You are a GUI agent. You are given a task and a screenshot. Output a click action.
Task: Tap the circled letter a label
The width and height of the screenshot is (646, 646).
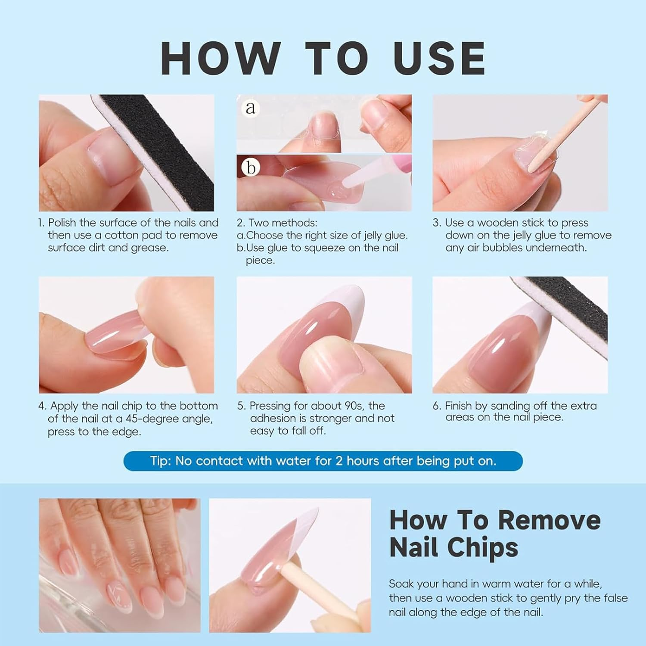point(250,107)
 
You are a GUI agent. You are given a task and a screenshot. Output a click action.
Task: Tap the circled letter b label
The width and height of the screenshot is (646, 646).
point(251,168)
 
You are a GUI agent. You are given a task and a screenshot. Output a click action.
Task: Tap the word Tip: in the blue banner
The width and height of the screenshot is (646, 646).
point(161,461)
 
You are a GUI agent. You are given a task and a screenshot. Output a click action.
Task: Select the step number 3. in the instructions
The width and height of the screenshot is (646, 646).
point(437,223)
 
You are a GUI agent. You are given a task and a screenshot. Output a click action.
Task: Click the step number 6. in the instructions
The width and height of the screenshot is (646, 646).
point(437,406)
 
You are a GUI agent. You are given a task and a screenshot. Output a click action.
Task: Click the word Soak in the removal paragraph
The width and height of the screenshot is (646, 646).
point(402,584)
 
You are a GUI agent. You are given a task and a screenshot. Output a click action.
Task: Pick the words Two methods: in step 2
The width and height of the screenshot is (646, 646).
point(283,223)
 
